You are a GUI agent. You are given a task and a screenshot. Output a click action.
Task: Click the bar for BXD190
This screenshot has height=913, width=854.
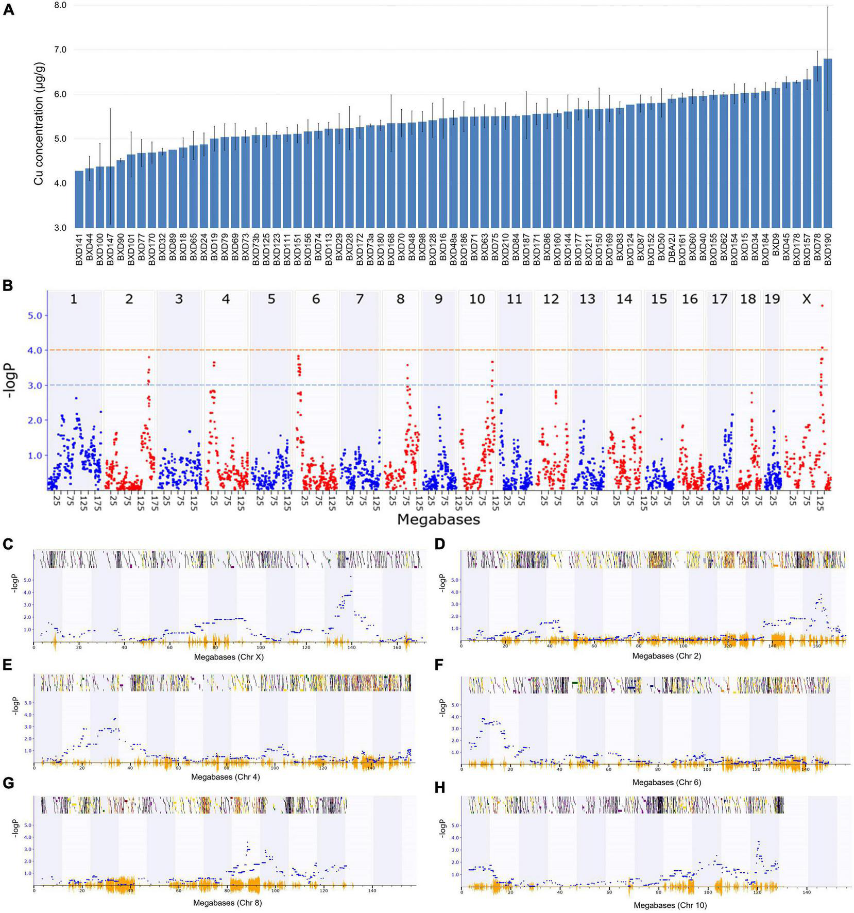click(x=828, y=144)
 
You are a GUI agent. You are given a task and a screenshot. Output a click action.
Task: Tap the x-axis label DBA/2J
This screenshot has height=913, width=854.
click(x=672, y=249)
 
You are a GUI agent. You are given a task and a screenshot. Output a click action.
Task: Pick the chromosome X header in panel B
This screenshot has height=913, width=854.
click(x=807, y=299)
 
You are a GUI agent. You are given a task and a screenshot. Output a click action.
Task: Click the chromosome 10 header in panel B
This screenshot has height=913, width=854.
click(x=477, y=299)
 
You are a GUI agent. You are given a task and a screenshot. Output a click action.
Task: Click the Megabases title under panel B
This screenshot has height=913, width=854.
click(x=438, y=519)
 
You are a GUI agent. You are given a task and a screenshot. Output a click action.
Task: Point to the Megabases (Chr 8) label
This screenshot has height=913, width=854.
click(x=228, y=903)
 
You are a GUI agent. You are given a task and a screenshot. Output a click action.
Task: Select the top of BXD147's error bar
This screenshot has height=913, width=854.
click(x=110, y=109)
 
